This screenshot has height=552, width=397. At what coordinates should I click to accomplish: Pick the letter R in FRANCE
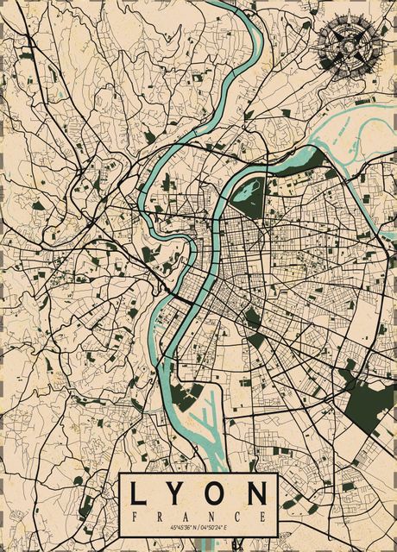click(x=161, y=515)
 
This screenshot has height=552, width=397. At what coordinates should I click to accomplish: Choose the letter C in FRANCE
click(x=238, y=515)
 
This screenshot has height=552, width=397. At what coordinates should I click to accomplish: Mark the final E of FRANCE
click(x=263, y=515)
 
